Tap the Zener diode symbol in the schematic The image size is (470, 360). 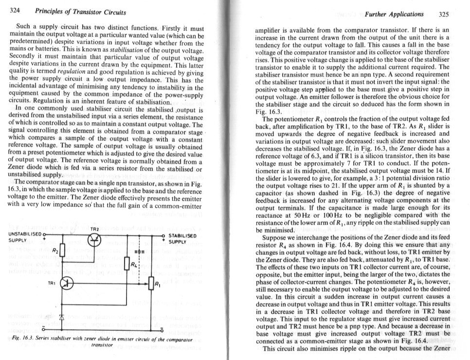[62, 310]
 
